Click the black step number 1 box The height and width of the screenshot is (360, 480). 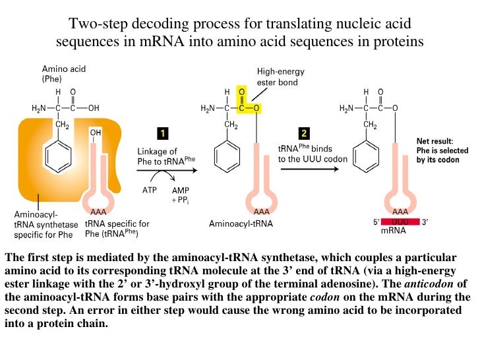162,133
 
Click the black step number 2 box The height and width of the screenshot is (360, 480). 304,132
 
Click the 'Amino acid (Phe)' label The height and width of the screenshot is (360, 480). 64,73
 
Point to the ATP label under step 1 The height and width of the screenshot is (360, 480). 149,191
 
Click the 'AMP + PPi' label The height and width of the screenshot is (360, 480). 181,195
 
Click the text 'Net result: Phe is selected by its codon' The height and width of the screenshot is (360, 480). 442,150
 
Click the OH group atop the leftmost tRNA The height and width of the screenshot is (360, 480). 96,132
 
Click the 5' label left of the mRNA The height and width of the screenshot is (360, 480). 375,222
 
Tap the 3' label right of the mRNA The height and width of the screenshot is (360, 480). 425,222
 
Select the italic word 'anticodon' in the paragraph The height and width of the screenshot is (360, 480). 429,284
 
